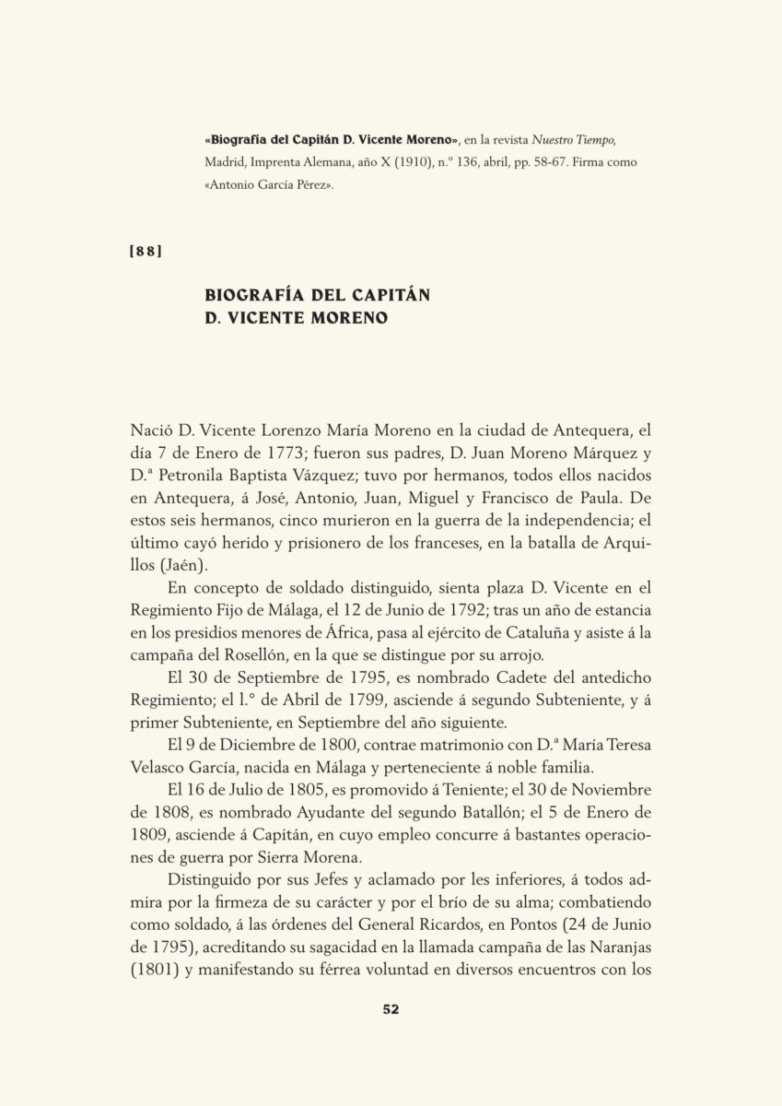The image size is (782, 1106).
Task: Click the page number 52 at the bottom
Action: point(391,1008)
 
